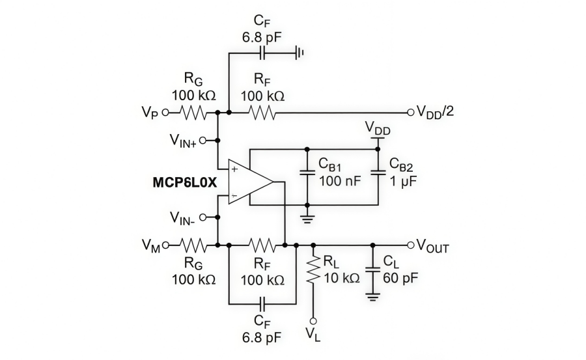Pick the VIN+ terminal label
coord(183,141)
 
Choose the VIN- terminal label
coord(183,218)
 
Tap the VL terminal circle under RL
coord(313,321)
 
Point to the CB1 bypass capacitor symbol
coord(305,173)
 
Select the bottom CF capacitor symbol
coord(263,303)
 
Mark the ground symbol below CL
coord(372,296)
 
